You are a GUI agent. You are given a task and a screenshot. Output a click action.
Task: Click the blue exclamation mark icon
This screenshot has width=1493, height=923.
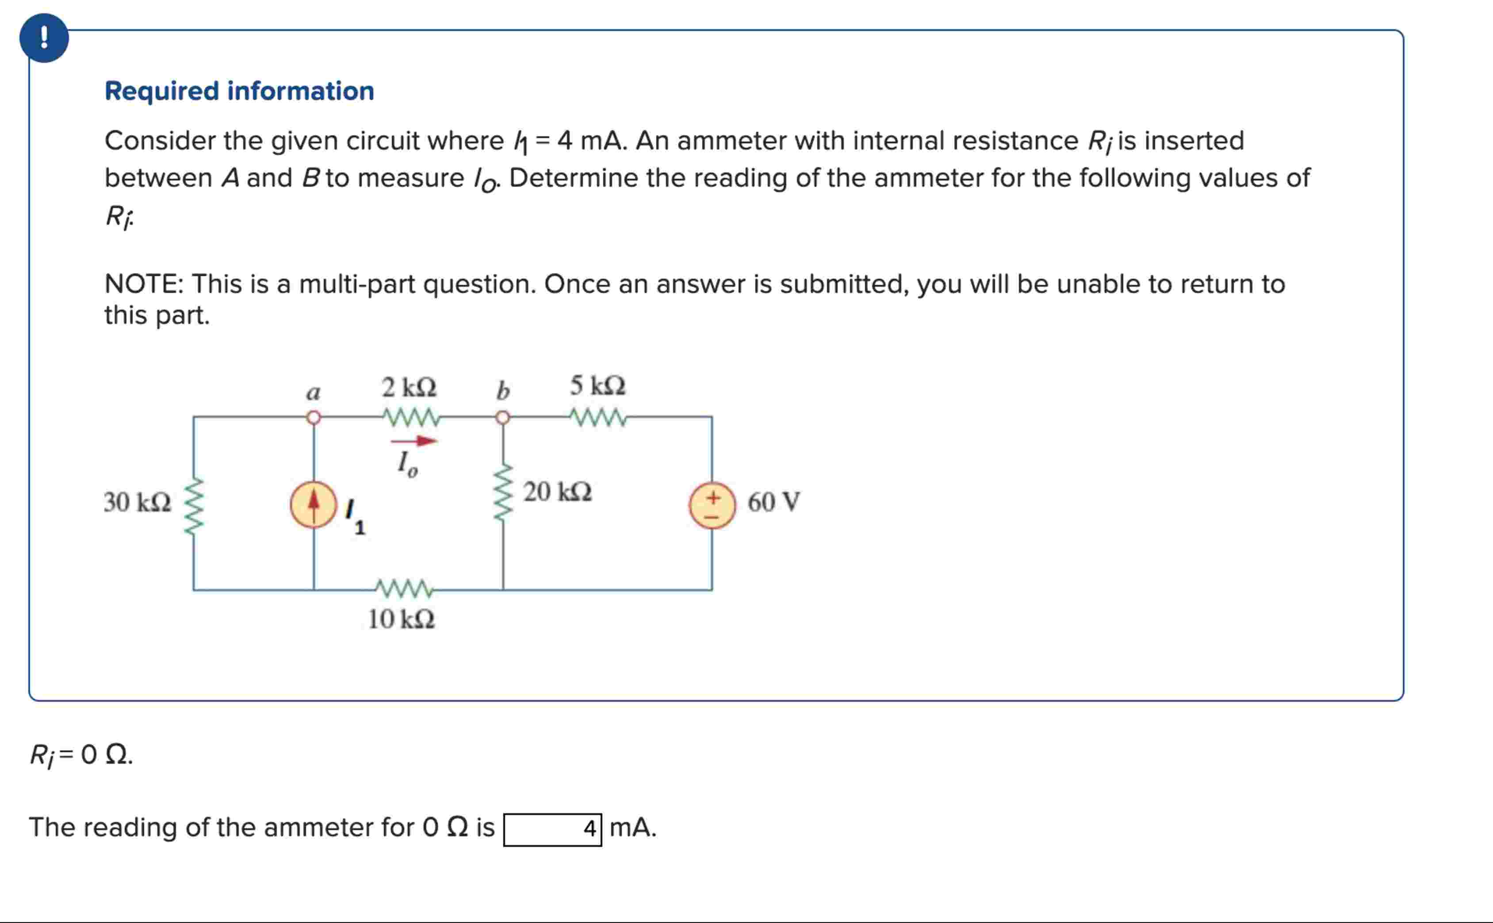[44, 38]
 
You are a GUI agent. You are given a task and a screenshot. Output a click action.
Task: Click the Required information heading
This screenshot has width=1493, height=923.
[239, 91]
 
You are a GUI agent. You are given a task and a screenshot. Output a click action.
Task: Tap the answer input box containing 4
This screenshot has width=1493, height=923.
[552, 830]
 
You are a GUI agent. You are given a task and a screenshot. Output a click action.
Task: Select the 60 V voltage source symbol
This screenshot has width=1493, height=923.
[712, 505]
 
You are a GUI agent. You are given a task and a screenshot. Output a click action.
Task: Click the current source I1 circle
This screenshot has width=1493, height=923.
[313, 505]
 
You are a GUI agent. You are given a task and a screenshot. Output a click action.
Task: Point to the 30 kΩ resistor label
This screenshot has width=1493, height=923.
[137, 502]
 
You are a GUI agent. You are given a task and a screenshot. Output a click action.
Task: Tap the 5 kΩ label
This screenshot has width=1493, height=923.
[598, 386]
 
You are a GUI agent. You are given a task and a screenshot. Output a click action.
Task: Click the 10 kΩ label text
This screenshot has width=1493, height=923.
[401, 619]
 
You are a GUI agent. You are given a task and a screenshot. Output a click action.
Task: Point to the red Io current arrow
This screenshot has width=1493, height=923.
[413, 441]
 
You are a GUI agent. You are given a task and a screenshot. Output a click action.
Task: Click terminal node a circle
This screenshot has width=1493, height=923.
[314, 418]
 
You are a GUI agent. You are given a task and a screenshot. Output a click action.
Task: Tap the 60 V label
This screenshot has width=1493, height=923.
[773, 502]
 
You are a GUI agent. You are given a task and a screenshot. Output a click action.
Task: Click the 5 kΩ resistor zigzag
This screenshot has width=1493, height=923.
[598, 418]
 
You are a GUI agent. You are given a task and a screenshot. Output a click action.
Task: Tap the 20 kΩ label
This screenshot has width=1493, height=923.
[558, 492]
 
